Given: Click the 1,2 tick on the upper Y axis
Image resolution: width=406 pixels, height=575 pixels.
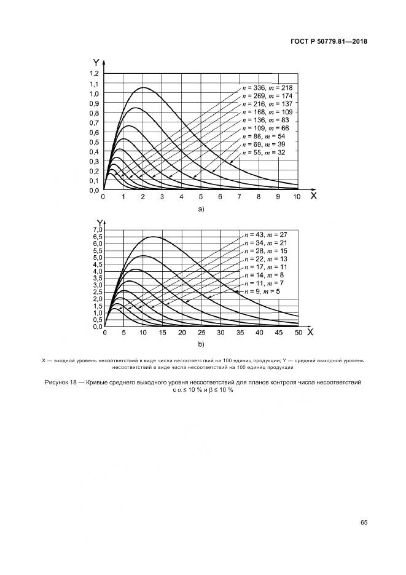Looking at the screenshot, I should (x=94, y=74).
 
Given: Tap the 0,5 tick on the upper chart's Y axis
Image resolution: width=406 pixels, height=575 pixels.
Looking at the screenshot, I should (x=94, y=142).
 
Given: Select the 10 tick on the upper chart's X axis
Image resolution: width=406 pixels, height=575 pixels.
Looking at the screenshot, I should (x=297, y=197).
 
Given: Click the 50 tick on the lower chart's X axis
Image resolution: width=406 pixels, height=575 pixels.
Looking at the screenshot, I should (x=299, y=333).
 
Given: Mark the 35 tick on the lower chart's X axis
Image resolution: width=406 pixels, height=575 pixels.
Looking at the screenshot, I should (x=240, y=333).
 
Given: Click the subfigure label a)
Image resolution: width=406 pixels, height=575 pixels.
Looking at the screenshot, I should (x=200, y=210).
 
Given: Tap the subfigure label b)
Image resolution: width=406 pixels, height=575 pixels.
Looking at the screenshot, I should (x=200, y=344).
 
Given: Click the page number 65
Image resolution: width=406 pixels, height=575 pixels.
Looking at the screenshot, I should (x=364, y=523).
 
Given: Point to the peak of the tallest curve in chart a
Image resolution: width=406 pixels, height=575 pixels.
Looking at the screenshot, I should (x=143, y=87).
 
